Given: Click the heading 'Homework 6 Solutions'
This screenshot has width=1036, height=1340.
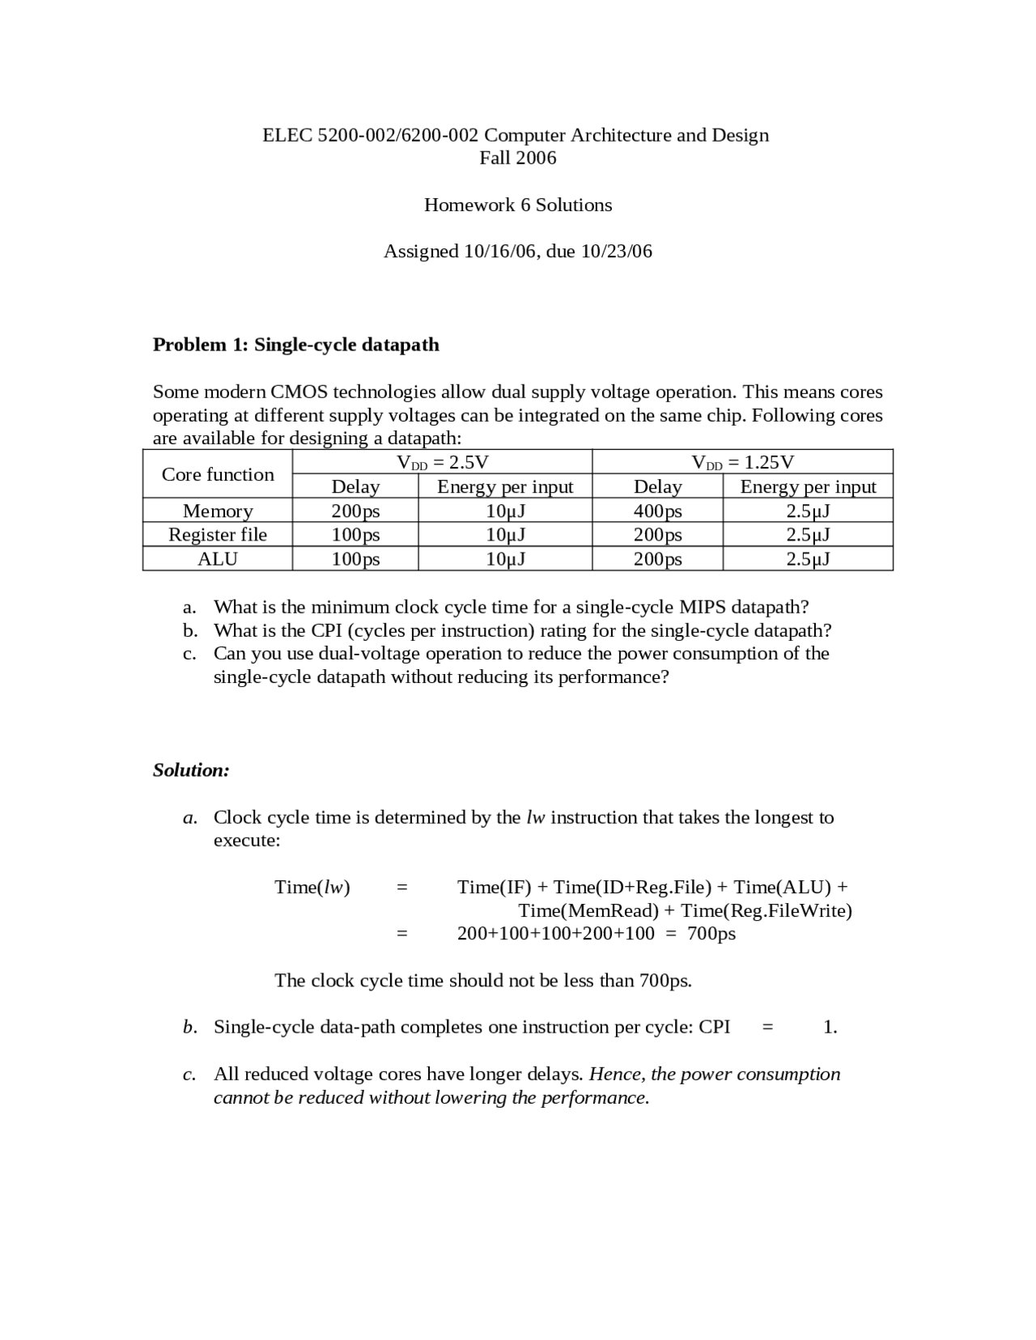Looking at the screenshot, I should (518, 205).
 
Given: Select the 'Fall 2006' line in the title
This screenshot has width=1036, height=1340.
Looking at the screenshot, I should (518, 158).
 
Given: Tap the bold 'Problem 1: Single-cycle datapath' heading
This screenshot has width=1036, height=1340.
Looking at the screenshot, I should (296, 345).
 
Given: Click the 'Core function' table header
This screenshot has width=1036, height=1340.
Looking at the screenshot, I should (218, 474).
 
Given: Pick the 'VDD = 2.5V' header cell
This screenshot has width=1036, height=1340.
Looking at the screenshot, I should (443, 462).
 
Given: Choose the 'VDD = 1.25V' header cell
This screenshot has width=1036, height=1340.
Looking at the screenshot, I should (742, 462).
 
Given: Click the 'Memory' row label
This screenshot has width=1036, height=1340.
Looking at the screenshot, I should (218, 511).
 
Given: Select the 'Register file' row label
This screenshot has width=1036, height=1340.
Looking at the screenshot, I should (218, 535).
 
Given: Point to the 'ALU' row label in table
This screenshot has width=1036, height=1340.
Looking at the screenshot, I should (218, 559).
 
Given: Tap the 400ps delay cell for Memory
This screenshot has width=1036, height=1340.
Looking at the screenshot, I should (657, 511).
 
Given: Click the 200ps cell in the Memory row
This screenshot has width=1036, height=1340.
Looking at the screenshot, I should (355, 511).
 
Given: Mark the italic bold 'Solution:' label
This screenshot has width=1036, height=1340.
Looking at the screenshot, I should (191, 770).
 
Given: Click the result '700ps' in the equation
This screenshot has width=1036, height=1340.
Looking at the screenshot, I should (711, 934).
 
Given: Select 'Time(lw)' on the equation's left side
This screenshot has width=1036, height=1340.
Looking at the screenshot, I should (312, 888).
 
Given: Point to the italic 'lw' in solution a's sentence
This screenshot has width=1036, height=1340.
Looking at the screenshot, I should (536, 817).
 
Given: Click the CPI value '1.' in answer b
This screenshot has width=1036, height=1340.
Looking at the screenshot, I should (830, 1028).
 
